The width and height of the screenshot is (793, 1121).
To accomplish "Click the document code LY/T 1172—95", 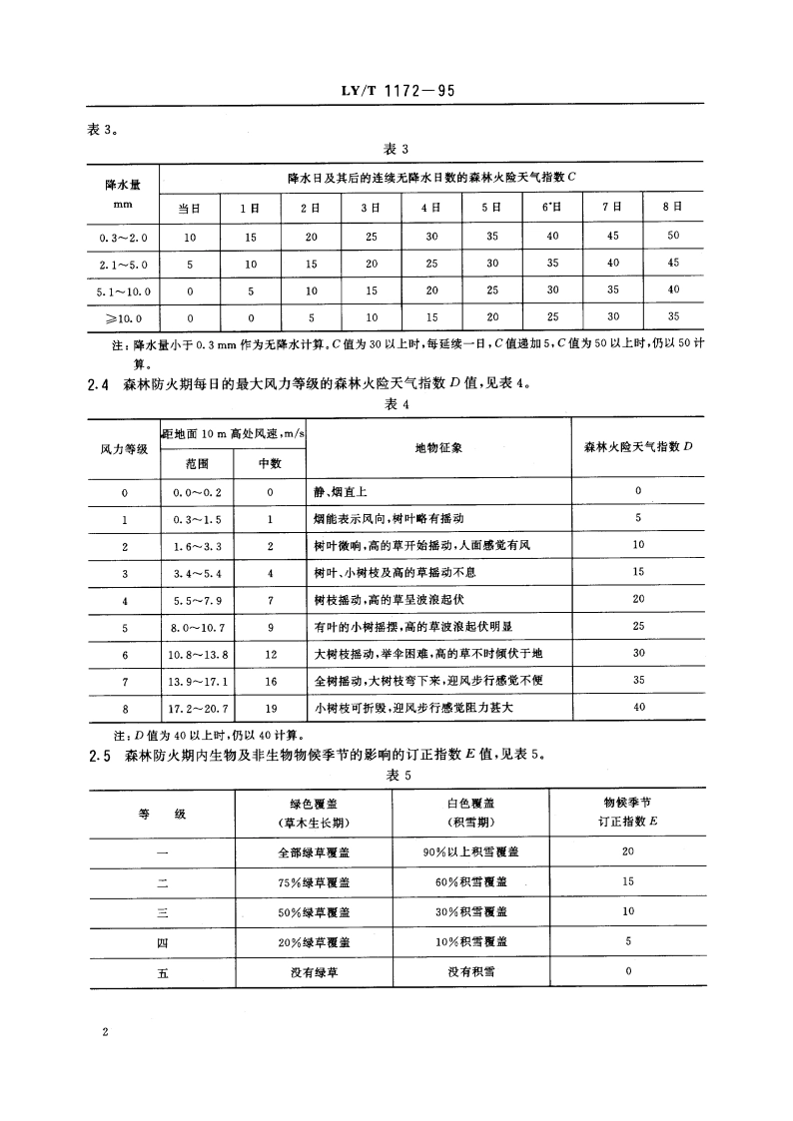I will pyautogui.click(x=396, y=92).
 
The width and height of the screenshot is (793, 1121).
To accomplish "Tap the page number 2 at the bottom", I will pyautogui.click(x=104, y=1029).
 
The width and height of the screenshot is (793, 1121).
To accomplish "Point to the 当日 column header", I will pyautogui.click(x=190, y=208).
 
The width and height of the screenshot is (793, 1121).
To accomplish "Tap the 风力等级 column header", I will pyautogui.click(x=125, y=449).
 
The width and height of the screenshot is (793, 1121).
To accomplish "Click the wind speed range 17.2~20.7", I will pyautogui.click(x=196, y=708).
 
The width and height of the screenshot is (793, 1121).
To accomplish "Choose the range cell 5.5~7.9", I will pyautogui.click(x=196, y=600).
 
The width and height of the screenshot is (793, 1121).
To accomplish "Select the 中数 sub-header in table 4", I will pyautogui.click(x=270, y=463).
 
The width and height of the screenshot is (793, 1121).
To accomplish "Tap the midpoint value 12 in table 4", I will pyautogui.click(x=270, y=654).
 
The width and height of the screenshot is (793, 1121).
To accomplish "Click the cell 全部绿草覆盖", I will pyautogui.click(x=314, y=851).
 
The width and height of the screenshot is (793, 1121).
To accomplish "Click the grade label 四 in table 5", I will pyautogui.click(x=163, y=941).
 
